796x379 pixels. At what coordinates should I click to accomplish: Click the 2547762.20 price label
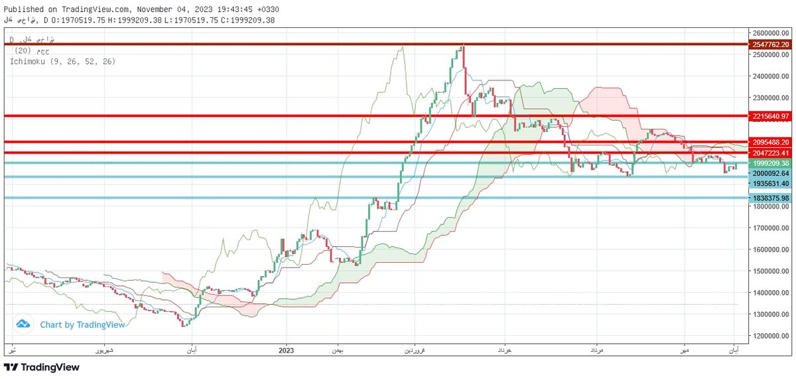[x=770, y=44]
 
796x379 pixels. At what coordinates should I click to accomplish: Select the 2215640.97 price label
[x=770, y=116]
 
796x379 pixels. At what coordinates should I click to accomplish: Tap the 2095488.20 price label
[x=770, y=142]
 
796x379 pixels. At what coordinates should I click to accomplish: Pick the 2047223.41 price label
[x=770, y=153]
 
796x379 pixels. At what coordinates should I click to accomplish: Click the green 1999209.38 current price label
[x=770, y=163]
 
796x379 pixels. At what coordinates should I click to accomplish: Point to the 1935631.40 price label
[x=770, y=183]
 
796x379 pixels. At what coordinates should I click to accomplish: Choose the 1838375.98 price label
[x=770, y=198]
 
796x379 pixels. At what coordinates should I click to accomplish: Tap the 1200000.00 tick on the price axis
[x=771, y=336]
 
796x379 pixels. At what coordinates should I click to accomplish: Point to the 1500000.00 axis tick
[x=771, y=271]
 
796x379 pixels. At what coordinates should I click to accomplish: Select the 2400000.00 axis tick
[x=771, y=76]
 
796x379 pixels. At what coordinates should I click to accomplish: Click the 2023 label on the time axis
[x=287, y=350]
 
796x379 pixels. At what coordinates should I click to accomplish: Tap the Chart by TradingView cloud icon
[x=23, y=325]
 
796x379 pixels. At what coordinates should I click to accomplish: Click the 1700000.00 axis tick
[x=771, y=228]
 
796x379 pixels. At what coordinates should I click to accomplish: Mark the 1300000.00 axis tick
[x=771, y=314]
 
